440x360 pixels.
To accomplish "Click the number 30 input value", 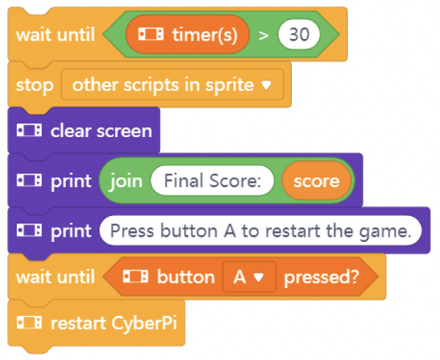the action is pos(299,34).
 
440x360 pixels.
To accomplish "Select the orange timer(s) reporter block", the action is pos(188,34).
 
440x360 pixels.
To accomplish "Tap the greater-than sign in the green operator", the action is pos(264,35).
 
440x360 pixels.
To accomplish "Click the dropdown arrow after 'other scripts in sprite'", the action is pos(266,85).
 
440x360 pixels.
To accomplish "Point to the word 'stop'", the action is pos(34,85).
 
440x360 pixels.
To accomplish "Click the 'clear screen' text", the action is pos(101,131).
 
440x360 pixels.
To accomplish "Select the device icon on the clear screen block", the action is pos(29,130).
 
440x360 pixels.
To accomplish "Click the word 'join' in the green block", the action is pos(126,181).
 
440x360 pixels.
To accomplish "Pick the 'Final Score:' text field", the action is pos(212,181).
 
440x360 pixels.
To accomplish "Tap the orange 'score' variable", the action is pos(317,181).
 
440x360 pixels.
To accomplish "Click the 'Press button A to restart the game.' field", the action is pos(261,231).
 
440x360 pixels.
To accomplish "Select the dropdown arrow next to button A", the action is pos(258,277).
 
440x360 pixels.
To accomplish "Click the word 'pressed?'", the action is pos(322,277).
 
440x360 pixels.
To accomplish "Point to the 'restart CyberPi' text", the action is pos(114,323).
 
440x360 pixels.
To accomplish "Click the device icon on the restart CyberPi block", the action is pos(29,322).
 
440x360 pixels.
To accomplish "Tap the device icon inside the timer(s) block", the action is pos(151,34).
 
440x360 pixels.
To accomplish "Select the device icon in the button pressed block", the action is pos(136,277).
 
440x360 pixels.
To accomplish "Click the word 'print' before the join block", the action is pos(71,182).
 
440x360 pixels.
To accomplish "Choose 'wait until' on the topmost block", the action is pos(55,34).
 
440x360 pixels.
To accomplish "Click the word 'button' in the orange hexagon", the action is pos(186,277).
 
